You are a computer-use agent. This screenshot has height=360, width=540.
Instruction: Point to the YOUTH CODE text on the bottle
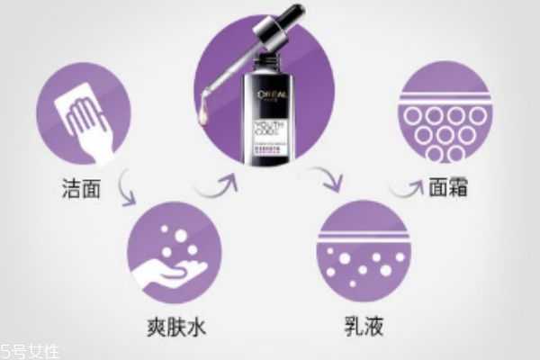(x=274, y=127)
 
